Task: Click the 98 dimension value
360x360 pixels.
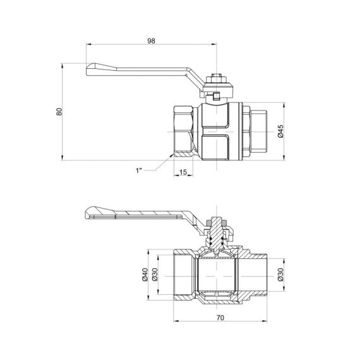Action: click(x=151, y=40)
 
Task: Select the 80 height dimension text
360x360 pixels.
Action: click(x=59, y=111)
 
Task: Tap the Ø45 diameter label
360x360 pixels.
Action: click(x=280, y=131)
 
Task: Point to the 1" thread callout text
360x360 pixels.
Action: click(x=140, y=170)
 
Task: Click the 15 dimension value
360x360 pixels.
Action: click(x=183, y=172)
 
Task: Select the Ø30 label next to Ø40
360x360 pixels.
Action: click(x=153, y=274)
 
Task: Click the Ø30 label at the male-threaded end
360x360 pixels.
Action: click(x=280, y=274)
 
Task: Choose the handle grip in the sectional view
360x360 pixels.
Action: click(x=95, y=213)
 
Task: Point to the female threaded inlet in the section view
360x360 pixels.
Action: click(x=183, y=274)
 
